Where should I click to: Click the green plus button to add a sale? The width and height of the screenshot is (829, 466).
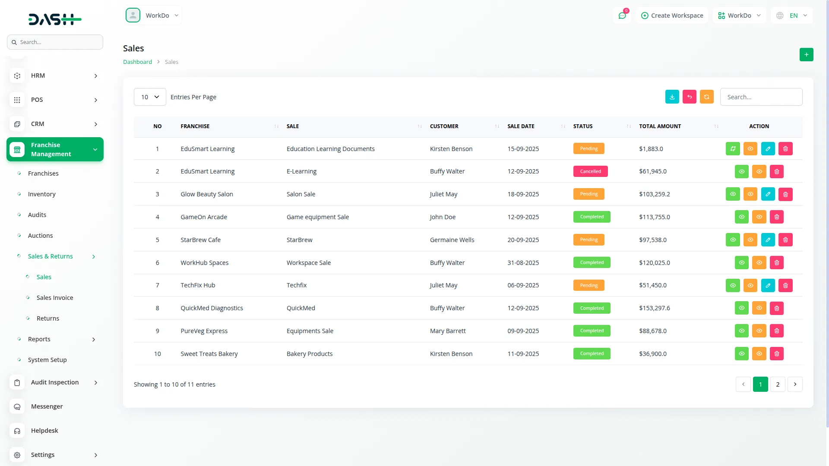(x=806, y=55)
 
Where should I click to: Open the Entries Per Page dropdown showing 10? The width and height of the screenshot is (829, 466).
(x=150, y=97)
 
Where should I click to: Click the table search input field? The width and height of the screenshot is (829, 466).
(x=761, y=97)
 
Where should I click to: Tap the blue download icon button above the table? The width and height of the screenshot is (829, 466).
(x=672, y=97)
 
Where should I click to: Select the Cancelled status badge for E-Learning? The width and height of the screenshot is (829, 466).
(x=590, y=171)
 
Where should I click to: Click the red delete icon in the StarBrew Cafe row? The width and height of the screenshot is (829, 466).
(x=785, y=240)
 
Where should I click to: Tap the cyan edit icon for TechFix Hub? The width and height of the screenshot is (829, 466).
(x=768, y=285)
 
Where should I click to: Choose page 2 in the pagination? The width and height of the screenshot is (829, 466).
(x=778, y=384)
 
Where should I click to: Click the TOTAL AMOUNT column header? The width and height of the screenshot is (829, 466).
(x=660, y=126)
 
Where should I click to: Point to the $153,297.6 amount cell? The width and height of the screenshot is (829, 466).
(x=655, y=308)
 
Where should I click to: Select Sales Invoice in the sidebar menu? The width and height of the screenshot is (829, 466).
(x=55, y=298)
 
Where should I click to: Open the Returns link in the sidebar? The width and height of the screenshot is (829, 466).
(x=48, y=318)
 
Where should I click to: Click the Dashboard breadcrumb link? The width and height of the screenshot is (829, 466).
(x=137, y=62)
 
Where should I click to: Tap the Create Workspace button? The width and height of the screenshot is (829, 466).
(x=672, y=16)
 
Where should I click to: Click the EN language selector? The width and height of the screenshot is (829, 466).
(x=792, y=16)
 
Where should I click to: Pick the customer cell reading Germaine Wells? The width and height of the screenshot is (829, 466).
(x=452, y=240)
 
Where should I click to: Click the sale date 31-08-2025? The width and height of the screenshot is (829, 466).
(x=523, y=263)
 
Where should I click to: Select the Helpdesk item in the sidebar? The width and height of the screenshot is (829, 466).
(x=44, y=431)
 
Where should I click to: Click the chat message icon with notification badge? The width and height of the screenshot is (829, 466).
(x=622, y=16)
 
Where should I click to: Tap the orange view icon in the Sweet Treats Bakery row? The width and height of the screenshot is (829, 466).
(x=759, y=354)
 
